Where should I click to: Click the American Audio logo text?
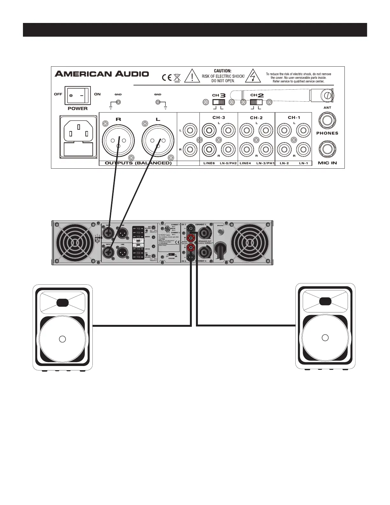pyautogui.click(x=102, y=74)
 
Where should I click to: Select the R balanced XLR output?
pyautogui.click(x=118, y=141)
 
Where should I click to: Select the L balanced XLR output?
pyautogui.click(x=158, y=141)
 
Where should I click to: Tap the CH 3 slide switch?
pyautogui.click(x=218, y=102)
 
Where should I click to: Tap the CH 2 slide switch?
pyautogui.click(x=256, y=102)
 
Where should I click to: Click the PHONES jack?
pyautogui.click(x=327, y=121)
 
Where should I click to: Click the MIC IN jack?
pyautogui.click(x=327, y=150)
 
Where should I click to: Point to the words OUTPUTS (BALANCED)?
pyautogui.click(x=138, y=163)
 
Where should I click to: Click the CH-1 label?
pyautogui.click(x=294, y=117)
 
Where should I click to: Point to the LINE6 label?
pyautogui.click(x=209, y=163)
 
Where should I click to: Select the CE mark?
pyautogui.click(x=166, y=78)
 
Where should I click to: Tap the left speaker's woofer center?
pyautogui.click(x=62, y=339)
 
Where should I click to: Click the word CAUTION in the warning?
pyautogui.click(x=222, y=71)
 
